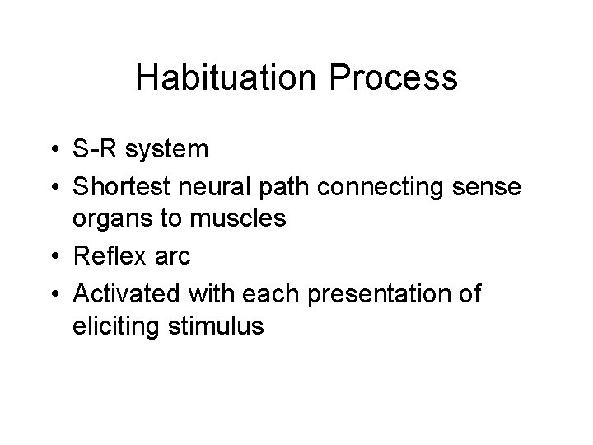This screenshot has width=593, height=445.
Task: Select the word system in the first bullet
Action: (163, 150)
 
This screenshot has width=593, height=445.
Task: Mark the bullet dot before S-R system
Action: (55, 151)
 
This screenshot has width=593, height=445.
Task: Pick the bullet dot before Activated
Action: (55, 293)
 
